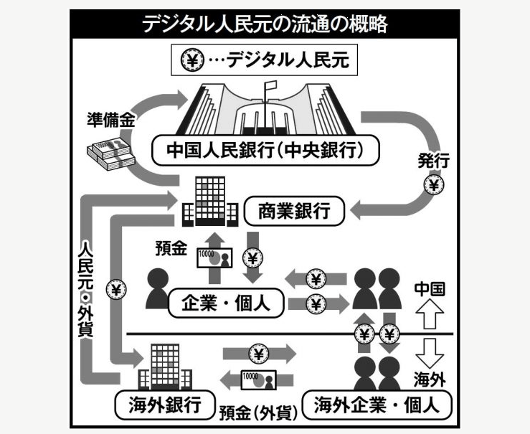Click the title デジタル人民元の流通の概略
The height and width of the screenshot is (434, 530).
click(265, 24)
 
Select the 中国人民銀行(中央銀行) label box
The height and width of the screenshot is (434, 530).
click(265, 150)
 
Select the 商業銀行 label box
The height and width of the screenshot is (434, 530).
click(295, 211)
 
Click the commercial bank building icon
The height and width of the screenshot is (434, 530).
click(208, 199)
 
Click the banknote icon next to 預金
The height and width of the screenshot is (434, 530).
click(213, 257)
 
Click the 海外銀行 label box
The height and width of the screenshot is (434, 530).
click(155, 402)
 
